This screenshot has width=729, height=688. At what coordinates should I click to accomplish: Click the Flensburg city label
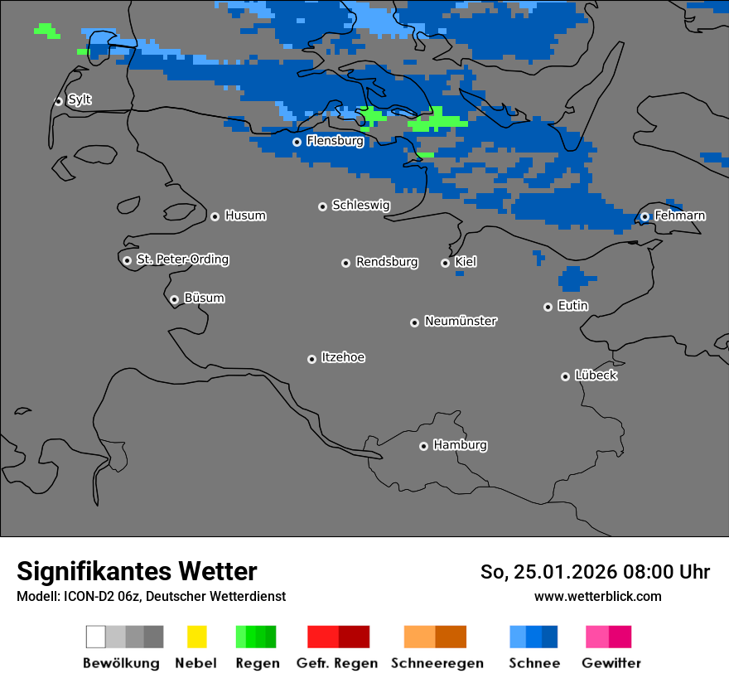[335, 141]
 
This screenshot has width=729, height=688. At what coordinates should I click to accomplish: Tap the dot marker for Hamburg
[423, 446]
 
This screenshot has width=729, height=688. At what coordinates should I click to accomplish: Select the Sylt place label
[80, 99]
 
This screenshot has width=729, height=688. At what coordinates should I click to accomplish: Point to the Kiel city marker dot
[445, 263]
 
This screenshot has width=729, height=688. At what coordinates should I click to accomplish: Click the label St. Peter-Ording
[182, 259]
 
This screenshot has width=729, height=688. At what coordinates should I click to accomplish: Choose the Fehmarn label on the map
[679, 216]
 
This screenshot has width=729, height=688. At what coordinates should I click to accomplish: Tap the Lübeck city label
[596, 375]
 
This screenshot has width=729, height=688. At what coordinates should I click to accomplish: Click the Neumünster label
[461, 321]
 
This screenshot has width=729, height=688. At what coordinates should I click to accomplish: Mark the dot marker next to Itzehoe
[311, 359]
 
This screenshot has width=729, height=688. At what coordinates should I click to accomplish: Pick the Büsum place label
[204, 298]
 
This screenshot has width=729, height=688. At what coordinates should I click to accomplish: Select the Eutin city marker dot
[548, 307]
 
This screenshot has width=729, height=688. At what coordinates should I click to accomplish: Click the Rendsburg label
[387, 262]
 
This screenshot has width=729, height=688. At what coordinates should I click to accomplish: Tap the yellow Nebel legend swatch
[196, 637]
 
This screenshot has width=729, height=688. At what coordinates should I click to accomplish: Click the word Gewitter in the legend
[611, 663]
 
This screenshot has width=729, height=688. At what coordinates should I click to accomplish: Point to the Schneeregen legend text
[437, 663]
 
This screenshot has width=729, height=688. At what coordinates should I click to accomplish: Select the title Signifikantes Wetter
[137, 571]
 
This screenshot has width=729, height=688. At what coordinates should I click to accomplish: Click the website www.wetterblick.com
[597, 596]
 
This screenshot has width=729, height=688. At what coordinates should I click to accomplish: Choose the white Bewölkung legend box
[95, 637]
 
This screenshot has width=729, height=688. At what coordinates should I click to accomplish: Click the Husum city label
[245, 216]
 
